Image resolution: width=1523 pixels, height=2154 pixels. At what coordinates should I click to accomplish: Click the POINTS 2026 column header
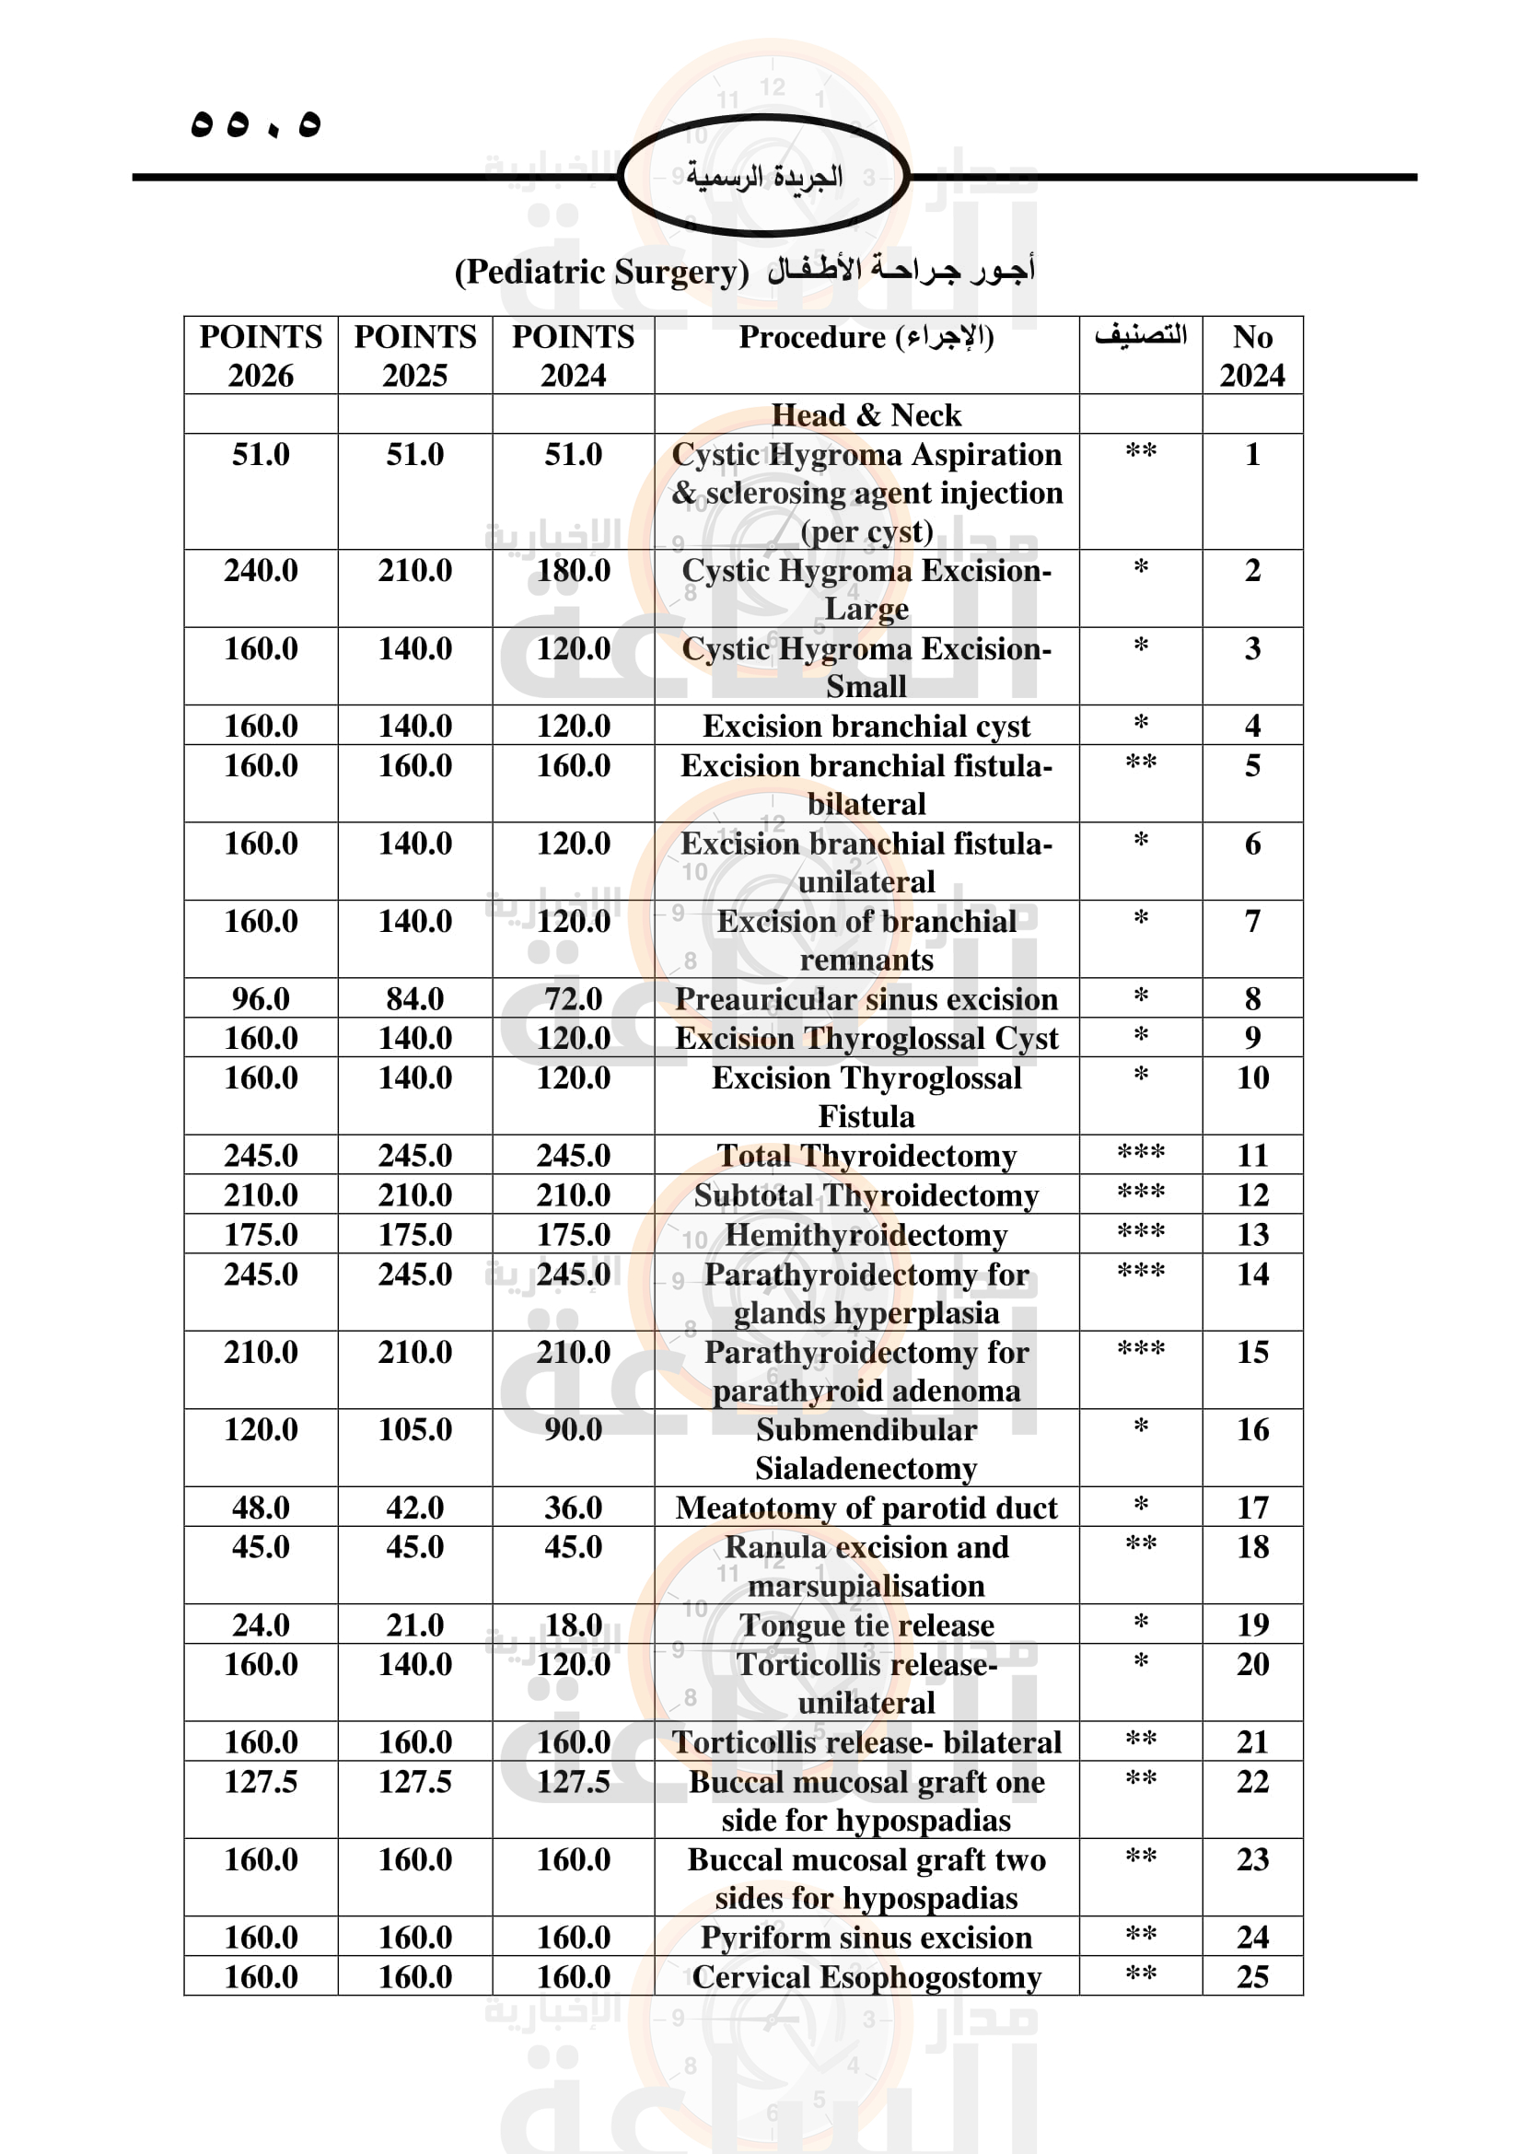point(261,355)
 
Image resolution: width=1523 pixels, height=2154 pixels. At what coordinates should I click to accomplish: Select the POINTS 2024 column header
point(573,355)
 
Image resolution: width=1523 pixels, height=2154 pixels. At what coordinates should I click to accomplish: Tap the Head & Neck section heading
point(866,414)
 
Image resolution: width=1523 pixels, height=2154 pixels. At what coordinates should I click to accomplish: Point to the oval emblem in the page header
point(763,176)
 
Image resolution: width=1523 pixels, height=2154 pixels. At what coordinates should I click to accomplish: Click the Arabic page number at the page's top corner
point(256,123)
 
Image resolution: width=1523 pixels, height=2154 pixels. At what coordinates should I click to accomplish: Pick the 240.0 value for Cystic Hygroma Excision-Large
point(261,570)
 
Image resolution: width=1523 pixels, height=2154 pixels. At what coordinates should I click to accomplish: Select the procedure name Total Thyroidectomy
point(866,1156)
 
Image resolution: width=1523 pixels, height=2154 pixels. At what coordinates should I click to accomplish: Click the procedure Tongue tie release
point(866,1624)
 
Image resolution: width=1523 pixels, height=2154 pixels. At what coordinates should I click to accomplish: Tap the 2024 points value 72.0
point(573,999)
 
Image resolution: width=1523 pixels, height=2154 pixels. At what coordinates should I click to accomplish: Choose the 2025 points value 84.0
point(414,999)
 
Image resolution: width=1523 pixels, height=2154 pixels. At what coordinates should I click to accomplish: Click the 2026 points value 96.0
point(261,999)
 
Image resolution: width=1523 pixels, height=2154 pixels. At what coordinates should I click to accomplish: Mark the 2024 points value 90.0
point(573,1430)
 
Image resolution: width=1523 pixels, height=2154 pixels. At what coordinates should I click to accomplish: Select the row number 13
point(1252,1235)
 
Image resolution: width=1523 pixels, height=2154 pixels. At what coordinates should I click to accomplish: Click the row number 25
point(1252,1976)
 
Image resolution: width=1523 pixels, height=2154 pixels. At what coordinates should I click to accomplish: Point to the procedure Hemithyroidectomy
point(866,1235)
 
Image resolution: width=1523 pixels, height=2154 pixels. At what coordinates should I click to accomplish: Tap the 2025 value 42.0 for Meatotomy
point(414,1508)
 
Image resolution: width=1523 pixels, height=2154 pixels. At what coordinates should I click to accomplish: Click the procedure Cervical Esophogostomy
point(866,1976)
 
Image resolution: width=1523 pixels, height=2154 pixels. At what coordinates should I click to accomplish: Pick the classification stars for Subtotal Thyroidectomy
point(1140,1193)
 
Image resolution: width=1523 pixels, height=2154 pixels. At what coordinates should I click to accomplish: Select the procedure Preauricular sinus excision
point(866,999)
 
